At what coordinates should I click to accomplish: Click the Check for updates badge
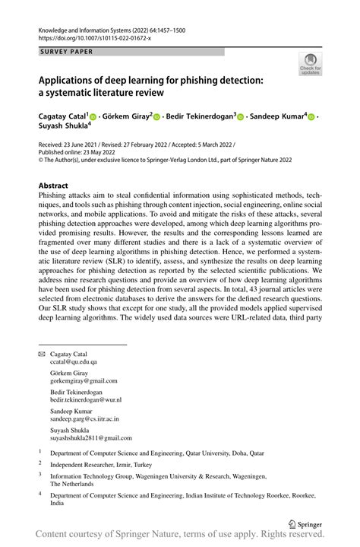[x=310, y=64]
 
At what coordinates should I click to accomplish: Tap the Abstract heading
[x=57, y=185]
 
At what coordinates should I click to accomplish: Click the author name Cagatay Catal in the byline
[x=62, y=116]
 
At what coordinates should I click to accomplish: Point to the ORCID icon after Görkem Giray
[x=156, y=117]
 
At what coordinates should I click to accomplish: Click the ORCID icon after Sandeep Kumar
[x=311, y=117]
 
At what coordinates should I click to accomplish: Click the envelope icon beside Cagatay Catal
[x=42, y=355]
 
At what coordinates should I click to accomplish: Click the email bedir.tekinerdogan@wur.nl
[x=85, y=399]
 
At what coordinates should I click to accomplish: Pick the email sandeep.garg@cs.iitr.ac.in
[x=84, y=418]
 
